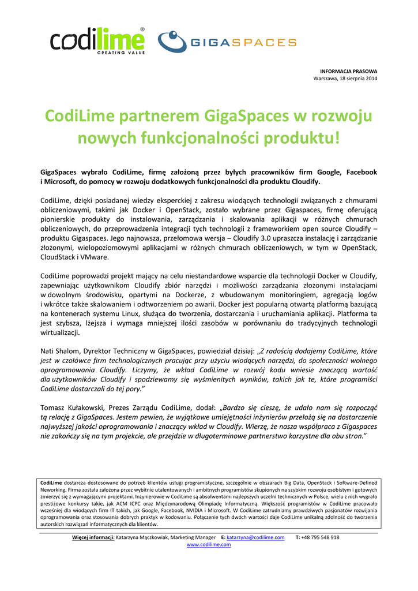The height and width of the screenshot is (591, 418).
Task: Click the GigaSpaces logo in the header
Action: (227, 42)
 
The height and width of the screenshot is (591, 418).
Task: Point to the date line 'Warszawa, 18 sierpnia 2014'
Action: (345, 78)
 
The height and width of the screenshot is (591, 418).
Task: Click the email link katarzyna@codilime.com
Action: (255, 537)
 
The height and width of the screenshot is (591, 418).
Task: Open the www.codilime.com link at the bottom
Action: (209, 544)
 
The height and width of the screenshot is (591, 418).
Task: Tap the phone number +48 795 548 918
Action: (321, 537)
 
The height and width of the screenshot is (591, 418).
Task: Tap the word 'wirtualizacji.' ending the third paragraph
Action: (60, 333)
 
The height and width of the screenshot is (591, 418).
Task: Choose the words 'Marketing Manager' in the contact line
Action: (193, 537)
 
